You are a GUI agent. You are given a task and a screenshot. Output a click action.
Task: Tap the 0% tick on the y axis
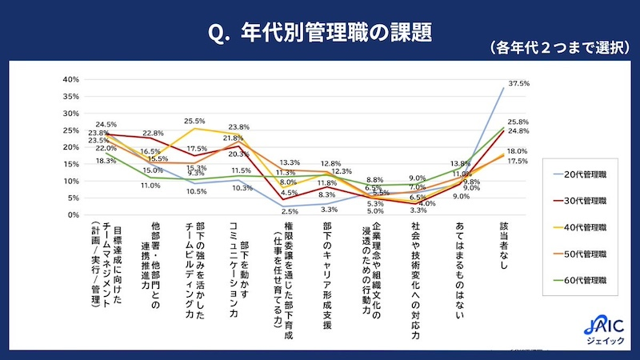coord(71,215)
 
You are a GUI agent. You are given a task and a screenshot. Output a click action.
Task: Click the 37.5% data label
coord(519,83)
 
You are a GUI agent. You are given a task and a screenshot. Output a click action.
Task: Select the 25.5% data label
coord(195,122)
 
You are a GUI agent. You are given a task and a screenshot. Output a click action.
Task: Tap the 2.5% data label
coord(290,211)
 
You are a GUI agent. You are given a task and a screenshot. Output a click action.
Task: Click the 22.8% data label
coord(153,133)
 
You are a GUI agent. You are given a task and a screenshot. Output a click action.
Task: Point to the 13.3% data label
coord(290,162)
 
